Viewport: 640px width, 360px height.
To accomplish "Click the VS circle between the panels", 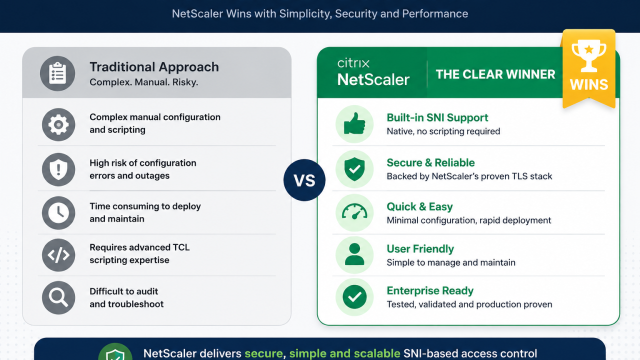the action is tap(304, 180).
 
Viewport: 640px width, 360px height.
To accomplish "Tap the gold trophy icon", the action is tap(588, 56).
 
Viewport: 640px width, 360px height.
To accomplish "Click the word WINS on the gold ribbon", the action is tap(589, 84).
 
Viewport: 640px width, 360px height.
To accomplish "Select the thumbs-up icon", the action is tap(354, 123).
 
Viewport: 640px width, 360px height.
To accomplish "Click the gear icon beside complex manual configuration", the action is tap(58, 124).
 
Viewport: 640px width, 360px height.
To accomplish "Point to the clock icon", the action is tap(58, 213).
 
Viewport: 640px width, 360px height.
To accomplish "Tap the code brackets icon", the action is tap(58, 255).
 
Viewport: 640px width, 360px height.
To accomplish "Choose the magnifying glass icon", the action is tap(58, 297).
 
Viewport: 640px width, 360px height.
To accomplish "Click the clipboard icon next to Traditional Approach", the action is tap(57, 73).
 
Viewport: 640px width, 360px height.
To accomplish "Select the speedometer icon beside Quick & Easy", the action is tap(354, 211).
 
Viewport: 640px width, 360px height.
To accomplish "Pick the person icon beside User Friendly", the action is tap(354, 254).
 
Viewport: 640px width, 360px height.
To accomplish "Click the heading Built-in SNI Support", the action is tap(437, 117).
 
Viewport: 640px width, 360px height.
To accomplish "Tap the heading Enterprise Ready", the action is tap(430, 290).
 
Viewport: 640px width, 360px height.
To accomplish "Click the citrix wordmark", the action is tap(353, 63).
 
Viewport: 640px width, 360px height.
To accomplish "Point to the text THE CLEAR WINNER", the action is tap(495, 74).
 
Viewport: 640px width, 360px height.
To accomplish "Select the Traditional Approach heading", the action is tap(154, 67).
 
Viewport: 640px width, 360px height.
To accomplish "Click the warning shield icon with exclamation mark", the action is tap(58, 169).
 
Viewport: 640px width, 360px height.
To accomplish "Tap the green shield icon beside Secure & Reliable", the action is tap(354, 169).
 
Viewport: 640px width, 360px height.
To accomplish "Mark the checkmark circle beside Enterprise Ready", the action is tap(354, 297).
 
